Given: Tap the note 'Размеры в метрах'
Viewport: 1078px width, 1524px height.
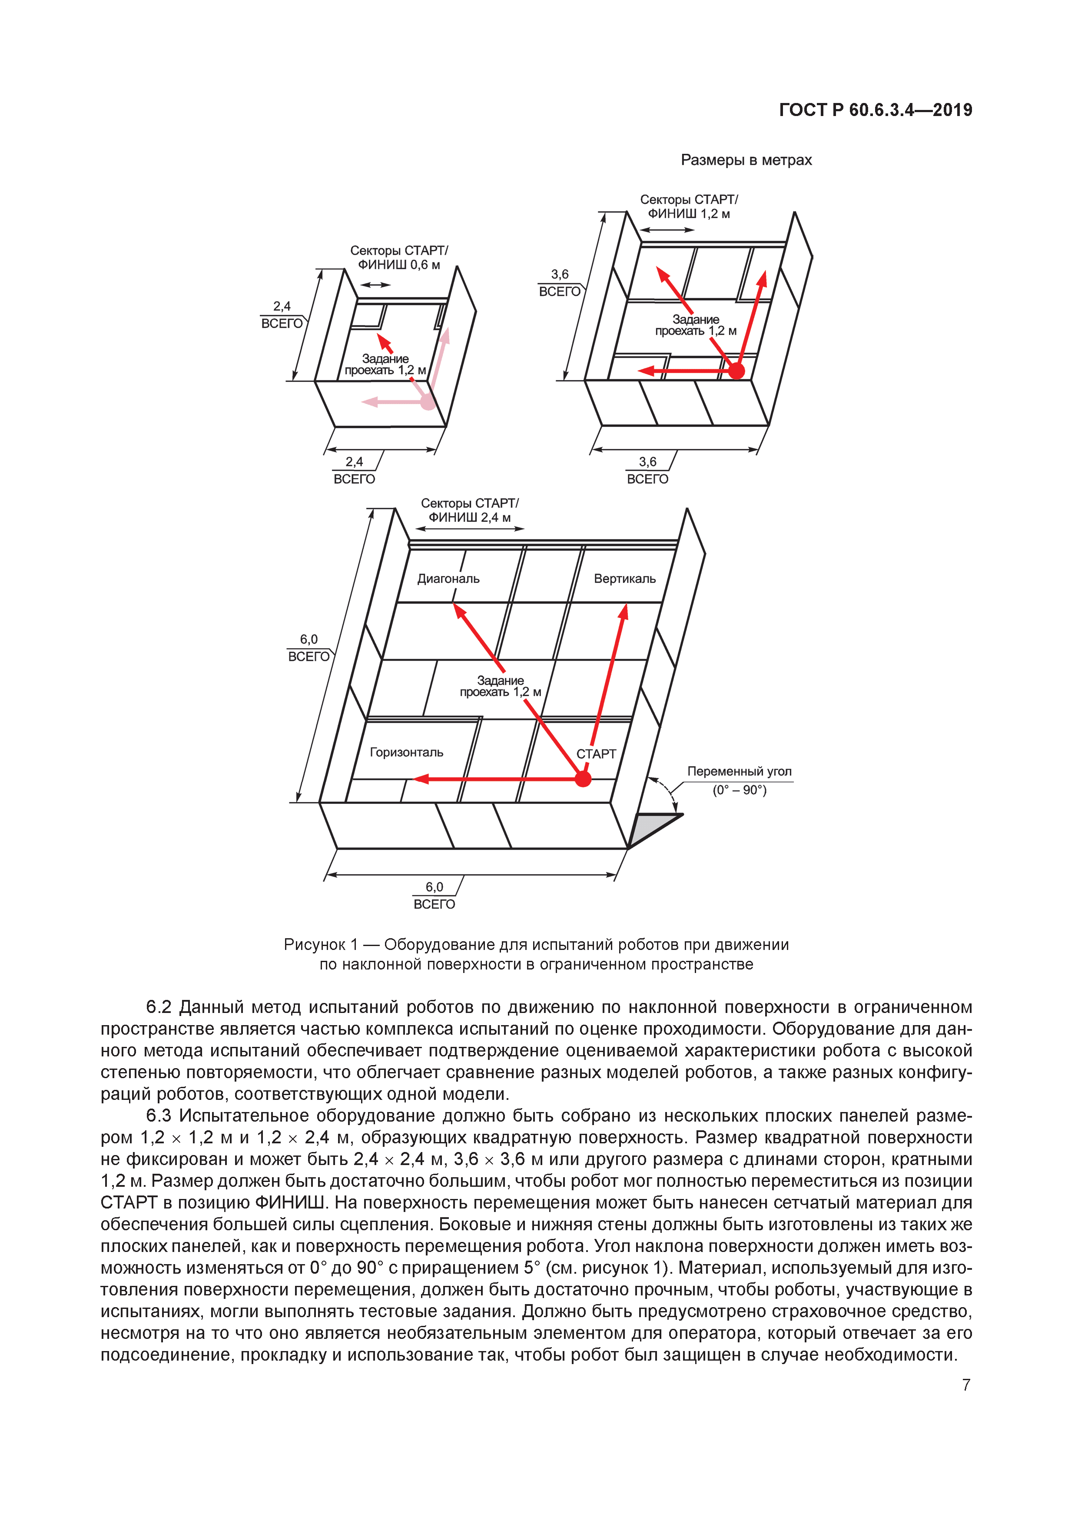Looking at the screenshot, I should [x=746, y=160].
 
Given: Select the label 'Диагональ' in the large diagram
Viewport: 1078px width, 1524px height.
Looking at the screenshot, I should [x=448, y=579].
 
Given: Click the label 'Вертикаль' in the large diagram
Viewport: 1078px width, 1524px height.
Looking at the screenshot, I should [x=625, y=579].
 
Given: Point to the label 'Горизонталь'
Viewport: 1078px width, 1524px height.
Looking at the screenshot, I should [x=406, y=752].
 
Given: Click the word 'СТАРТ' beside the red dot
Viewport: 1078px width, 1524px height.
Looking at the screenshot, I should [x=596, y=754].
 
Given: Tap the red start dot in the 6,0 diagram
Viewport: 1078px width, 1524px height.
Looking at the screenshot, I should [x=583, y=779].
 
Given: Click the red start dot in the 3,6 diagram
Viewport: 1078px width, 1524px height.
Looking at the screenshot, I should [x=736, y=371].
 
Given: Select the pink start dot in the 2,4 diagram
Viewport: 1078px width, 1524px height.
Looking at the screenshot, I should [x=428, y=402].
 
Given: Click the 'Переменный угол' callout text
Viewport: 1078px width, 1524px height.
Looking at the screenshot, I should [x=739, y=771].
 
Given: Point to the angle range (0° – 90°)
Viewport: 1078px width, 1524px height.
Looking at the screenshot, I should [x=739, y=790].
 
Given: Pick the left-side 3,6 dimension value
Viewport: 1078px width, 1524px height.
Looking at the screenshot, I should [x=560, y=274].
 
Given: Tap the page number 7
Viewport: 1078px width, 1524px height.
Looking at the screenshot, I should [x=966, y=1385].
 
